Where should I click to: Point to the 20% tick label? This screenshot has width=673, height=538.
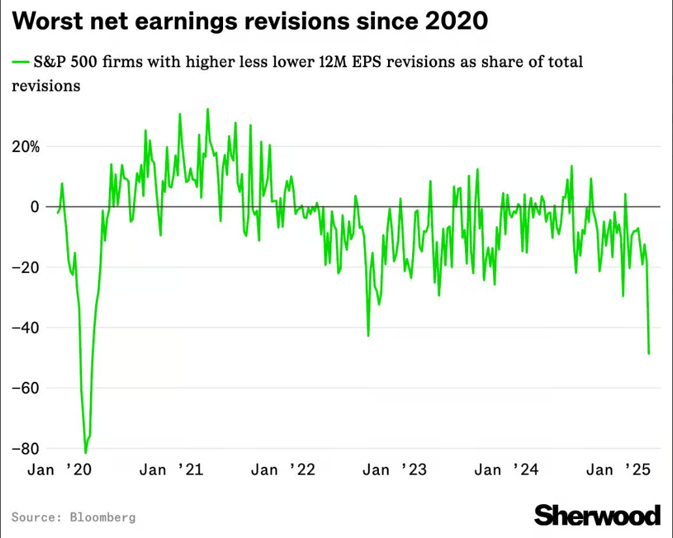[25, 147]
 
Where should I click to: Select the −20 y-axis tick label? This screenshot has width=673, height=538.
[26, 268]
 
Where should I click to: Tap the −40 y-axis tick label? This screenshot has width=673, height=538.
[26, 328]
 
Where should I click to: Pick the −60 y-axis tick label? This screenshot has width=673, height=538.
[26, 388]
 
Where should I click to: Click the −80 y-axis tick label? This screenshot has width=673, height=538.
[26, 449]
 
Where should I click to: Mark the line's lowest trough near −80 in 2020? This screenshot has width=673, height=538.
[85, 452]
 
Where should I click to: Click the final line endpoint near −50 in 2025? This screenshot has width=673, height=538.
[649, 354]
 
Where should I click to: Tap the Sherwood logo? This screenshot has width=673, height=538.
[597, 515]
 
